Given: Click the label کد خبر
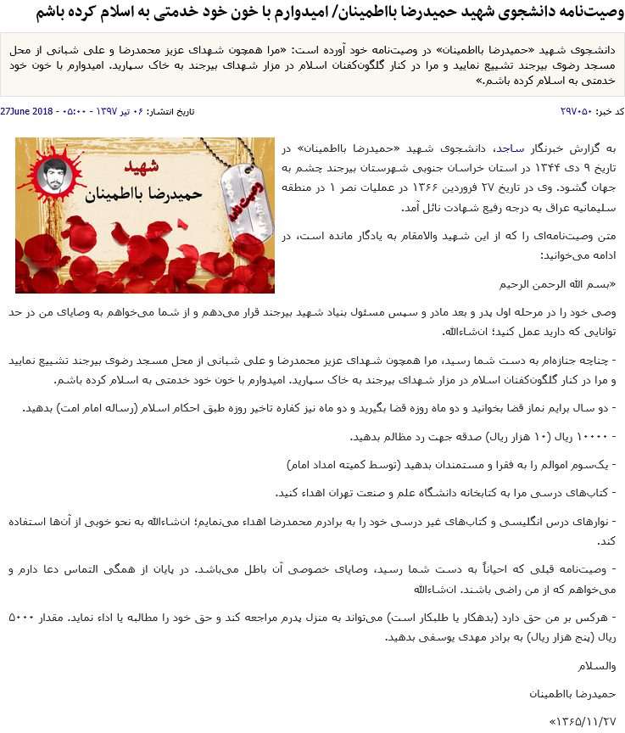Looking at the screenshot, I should coord(608,111).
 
